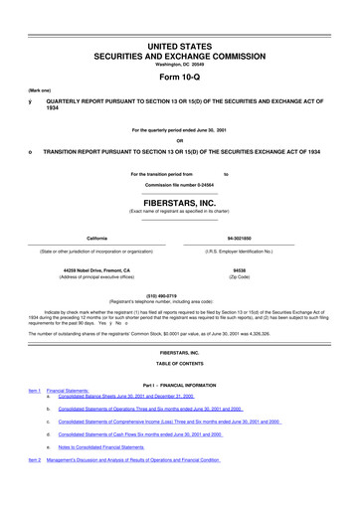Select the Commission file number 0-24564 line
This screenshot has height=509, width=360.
coord(179,185)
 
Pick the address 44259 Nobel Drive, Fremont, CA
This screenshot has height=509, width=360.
coord(96,269)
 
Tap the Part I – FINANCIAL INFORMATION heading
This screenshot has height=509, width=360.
coord(179,383)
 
